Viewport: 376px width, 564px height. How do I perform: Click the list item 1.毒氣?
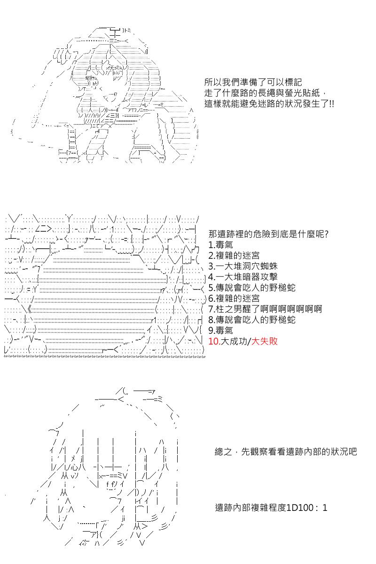coord(220,245)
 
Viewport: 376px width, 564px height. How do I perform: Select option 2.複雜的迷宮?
coord(234,255)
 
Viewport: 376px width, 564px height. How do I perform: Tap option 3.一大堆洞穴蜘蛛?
coord(243,266)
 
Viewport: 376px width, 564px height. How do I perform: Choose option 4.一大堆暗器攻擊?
coord(243,277)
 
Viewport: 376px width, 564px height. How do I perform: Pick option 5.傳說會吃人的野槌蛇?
coord(252,288)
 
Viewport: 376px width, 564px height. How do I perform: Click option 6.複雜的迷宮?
coord(234,298)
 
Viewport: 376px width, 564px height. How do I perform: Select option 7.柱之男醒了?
coord(234,309)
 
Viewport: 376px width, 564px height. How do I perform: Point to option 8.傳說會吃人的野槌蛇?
coord(252,320)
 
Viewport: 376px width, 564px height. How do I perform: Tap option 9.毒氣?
coord(220,330)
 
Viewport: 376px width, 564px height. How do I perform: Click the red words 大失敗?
coord(265,341)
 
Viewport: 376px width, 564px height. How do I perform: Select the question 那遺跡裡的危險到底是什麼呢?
coord(268,234)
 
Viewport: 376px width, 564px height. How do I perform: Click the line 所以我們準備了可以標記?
coord(253,82)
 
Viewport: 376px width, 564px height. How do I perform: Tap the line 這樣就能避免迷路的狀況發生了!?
coord(269,104)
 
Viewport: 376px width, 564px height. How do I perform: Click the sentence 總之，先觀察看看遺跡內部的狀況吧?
coord(286,452)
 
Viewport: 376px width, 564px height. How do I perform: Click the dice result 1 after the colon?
coord(325,508)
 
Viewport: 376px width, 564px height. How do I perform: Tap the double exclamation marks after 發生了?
coord(331,104)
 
